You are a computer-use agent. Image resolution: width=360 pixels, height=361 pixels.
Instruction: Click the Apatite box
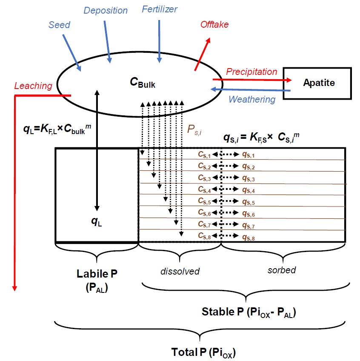click(318, 83)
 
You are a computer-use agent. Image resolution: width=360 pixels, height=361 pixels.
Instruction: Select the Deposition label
click(105, 10)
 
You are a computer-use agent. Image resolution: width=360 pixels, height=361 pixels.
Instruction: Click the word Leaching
click(33, 86)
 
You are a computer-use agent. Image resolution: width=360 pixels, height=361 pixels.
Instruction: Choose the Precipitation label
click(251, 72)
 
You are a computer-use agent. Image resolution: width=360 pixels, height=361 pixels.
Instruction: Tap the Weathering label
click(251, 100)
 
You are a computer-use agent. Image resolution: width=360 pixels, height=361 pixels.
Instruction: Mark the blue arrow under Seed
click(72, 52)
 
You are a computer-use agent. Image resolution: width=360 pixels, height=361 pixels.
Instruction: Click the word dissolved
click(180, 271)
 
